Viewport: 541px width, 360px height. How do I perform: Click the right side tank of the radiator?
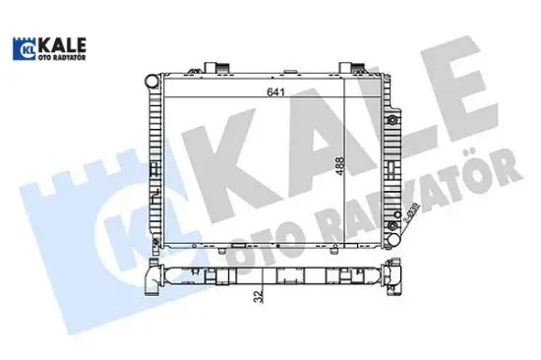point(392,157)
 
